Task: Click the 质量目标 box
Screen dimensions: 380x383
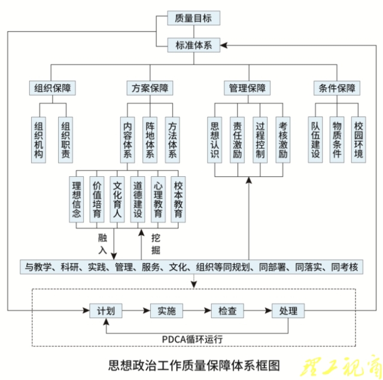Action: [193, 18]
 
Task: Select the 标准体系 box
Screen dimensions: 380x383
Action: [193, 45]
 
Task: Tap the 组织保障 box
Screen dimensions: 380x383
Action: [53, 88]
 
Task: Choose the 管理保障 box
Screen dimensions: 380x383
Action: [247, 88]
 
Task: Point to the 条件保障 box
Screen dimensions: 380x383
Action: [337, 88]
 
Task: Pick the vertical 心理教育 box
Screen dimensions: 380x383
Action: [158, 198]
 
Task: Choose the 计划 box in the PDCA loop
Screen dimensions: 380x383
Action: [105, 311]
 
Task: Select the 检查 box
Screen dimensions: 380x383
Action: [227, 311]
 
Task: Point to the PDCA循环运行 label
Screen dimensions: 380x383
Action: [192, 339]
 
